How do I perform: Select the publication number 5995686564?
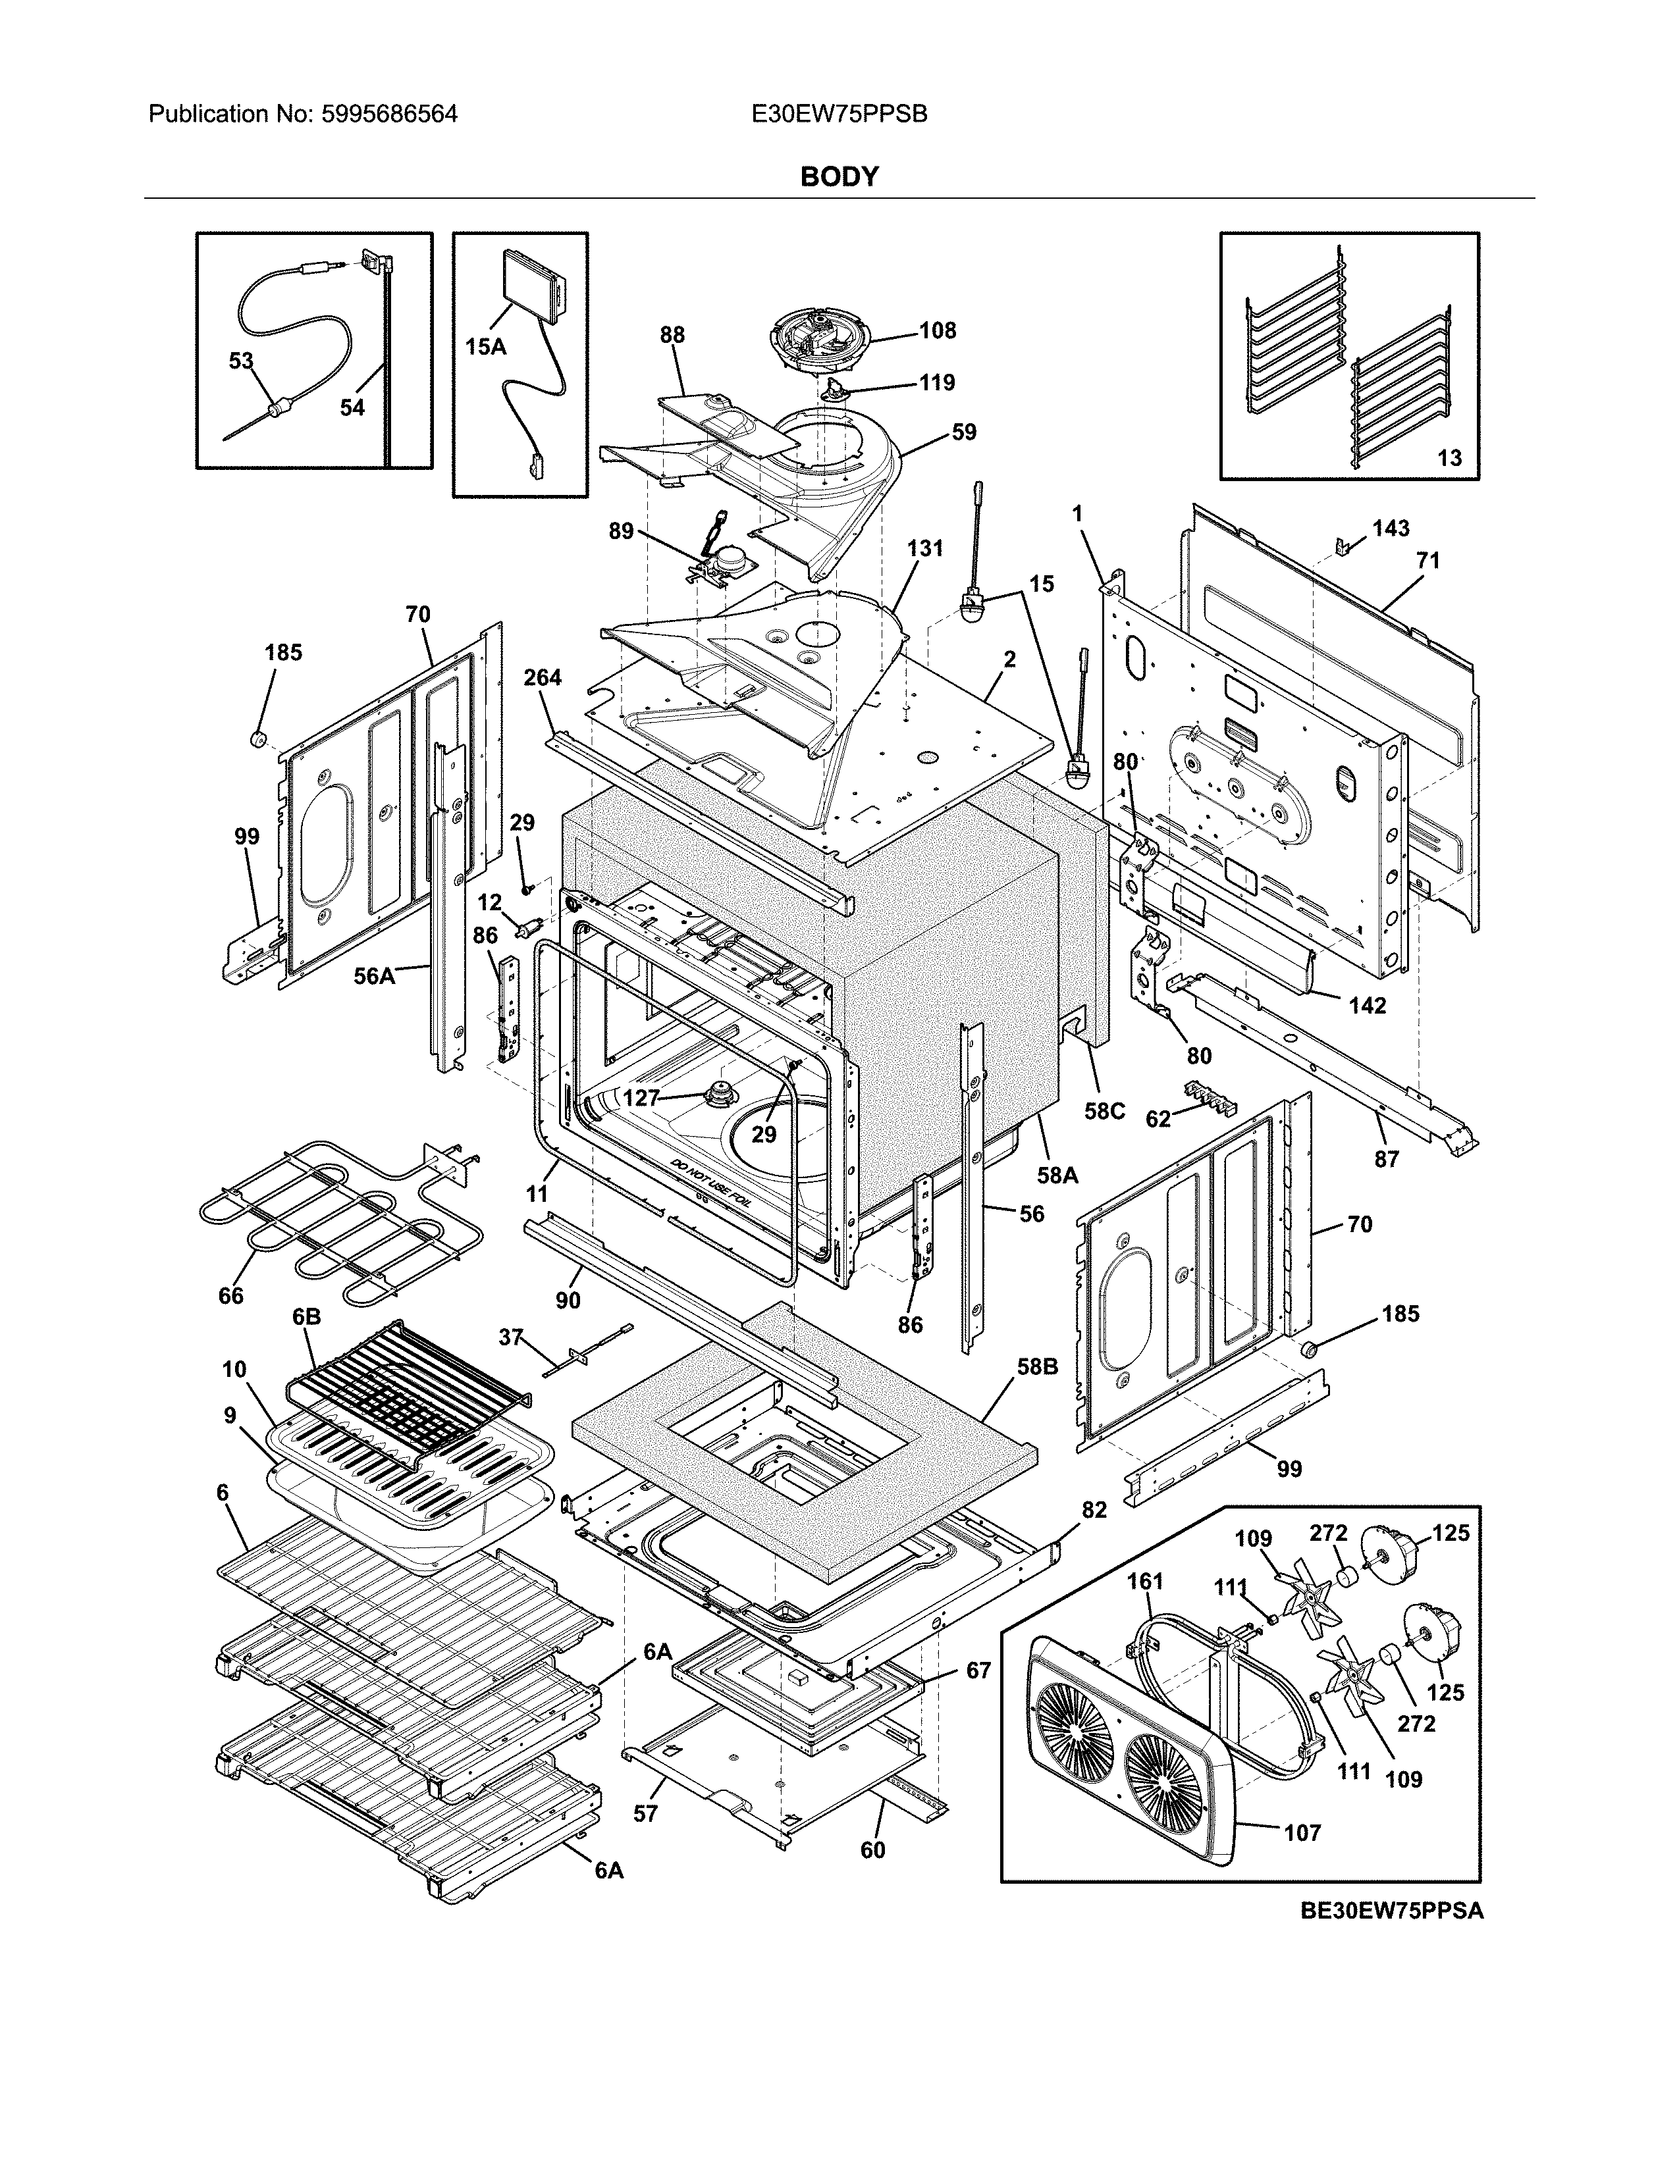coord(390,115)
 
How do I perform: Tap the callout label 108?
coord(937,330)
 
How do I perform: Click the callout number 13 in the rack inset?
coord(1449,457)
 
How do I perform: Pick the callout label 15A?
coord(485,347)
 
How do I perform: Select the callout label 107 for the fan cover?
coord(1302,1832)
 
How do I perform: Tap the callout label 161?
coord(1145,1580)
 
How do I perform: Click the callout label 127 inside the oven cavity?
coord(641,1098)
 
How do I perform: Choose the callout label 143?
coord(1391,528)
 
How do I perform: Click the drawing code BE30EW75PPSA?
coord(1391,1911)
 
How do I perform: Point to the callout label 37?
coord(510,1337)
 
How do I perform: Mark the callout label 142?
coord(1367,1006)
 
